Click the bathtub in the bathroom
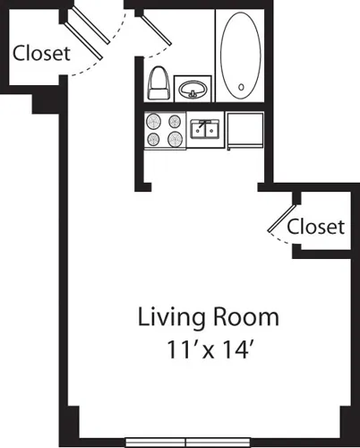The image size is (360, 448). point(239,56)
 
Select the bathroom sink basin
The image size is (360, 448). point(192,90)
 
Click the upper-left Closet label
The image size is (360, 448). point(41,53)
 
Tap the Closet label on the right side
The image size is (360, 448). point(315,227)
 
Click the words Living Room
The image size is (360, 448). point(208,317)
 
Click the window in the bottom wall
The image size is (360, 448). point(185,442)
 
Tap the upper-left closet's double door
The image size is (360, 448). point(91,29)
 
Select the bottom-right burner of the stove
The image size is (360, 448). point(174,139)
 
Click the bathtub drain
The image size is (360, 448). point(239,89)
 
